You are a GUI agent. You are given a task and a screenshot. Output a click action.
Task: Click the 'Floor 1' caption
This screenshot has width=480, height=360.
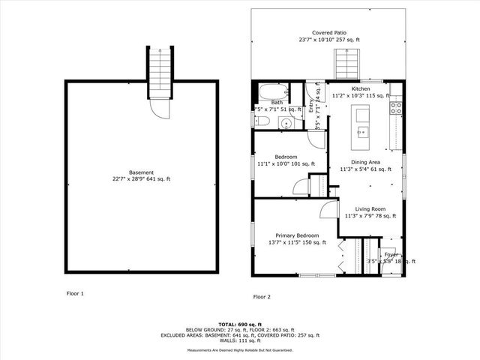pos(74,293)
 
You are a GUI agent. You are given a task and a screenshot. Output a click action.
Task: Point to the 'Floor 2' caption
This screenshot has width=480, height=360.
pos(262,297)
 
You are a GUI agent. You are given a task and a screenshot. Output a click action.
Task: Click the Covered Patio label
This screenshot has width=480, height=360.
pos(329,33)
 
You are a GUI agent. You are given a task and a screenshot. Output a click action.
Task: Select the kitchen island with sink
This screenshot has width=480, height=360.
pos(362,123)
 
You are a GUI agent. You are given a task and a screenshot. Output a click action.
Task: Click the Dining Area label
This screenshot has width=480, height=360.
pos(366,162)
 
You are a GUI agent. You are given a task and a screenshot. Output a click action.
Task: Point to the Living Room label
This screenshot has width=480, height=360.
pos(370,209)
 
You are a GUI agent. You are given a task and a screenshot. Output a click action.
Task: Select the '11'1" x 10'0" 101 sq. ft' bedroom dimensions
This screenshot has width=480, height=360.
pos(286,163)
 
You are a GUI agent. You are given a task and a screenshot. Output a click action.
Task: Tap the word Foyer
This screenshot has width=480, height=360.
pos(391,254)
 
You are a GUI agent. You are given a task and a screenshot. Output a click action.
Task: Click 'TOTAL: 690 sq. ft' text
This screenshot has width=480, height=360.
pos(240,322)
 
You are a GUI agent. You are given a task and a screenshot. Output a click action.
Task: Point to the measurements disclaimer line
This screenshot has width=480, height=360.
pos(240,349)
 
